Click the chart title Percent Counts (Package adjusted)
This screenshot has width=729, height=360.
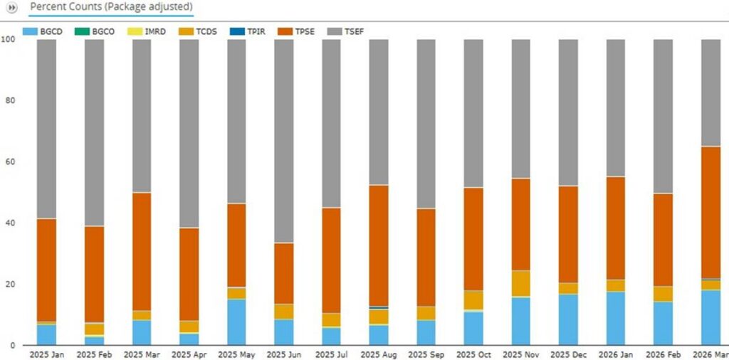tap(111, 7)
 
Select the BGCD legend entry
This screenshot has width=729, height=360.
tap(40, 31)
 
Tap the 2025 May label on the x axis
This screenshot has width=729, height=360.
tap(236, 355)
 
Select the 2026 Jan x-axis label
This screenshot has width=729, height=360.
tap(616, 355)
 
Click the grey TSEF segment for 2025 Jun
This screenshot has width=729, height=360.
tap(283, 141)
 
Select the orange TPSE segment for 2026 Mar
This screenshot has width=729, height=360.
tap(711, 213)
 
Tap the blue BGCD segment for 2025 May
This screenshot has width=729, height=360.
tap(236, 322)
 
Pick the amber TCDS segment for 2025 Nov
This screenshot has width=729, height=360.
tap(520, 283)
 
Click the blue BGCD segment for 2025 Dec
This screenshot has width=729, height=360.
tap(568, 319)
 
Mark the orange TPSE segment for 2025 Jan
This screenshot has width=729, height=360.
tap(46, 270)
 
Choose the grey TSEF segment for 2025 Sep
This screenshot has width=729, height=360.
tap(426, 124)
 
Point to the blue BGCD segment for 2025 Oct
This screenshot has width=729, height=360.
tap(473, 329)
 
